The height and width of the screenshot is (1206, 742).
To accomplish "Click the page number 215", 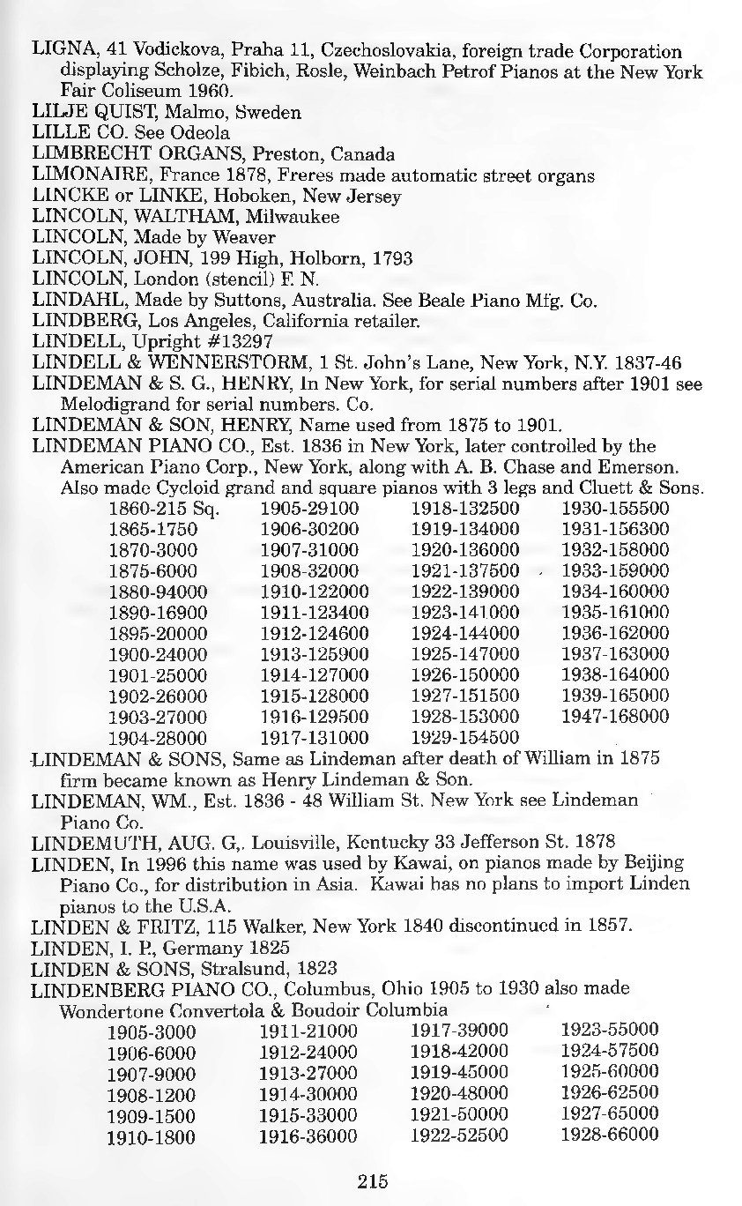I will click(374, 1182).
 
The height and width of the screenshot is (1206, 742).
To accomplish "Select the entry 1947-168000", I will click(615, 716).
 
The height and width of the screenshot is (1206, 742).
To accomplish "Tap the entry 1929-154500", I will click(465, 737).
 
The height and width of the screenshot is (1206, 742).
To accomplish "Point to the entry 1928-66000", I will click(610, 1135).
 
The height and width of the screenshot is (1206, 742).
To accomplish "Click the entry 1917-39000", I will click(459, 1031).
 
